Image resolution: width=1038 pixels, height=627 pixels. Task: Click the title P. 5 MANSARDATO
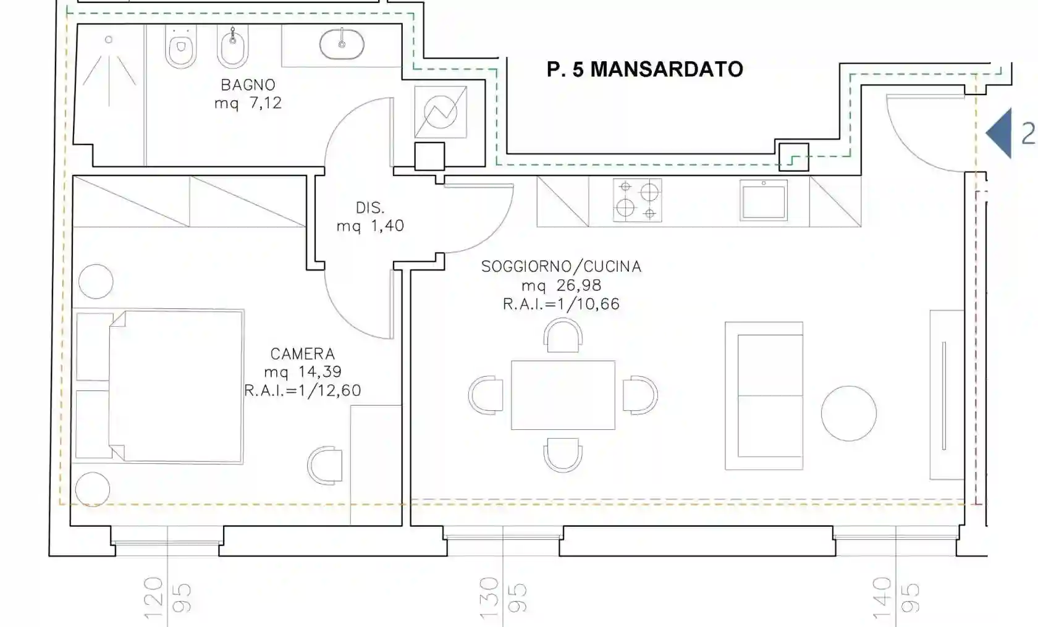click(645, 70)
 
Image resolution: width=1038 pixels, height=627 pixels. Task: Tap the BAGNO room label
click(248, 85)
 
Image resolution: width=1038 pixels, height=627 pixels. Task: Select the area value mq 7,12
click(248, 103)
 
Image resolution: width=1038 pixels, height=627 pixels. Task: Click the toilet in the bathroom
click(180, 46)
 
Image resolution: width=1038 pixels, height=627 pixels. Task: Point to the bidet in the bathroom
click(232, 46)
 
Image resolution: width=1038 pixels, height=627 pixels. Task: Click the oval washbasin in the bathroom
click(342, 44)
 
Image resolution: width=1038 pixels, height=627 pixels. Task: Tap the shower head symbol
click(109, 40)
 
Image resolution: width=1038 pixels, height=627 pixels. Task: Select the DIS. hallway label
click(369, 208)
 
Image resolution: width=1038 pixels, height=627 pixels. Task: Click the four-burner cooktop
click(637, 200)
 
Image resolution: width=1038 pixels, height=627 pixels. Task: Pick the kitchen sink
click(764, 201)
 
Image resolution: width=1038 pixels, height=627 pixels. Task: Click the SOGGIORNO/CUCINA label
click(561, 266)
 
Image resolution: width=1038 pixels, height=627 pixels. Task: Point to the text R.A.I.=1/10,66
click(561, 304)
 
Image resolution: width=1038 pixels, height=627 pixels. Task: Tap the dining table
click(563, 395)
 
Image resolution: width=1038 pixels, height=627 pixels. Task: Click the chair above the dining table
click(563, 335)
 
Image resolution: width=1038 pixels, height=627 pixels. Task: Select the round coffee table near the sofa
click(849, 413)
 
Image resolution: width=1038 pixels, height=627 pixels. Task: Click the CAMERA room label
click(303, 354)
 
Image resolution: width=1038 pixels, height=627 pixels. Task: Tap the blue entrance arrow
click(998, 133)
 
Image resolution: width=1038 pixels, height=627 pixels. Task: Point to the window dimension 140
click(881, 598)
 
